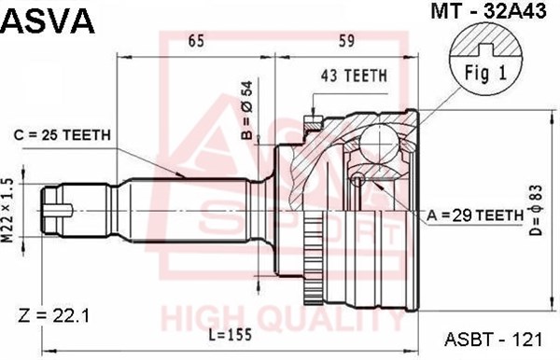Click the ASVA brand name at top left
48,21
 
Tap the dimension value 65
196,41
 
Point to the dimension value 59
346,41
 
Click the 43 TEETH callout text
354,76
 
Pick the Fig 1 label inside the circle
485,73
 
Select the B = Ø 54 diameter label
246,110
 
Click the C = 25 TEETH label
63,135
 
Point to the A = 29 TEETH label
475,215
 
